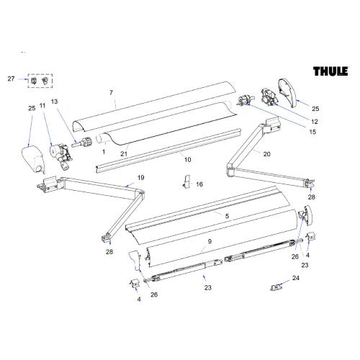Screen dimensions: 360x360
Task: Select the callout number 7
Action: pyautogui.click(x=111, y=93)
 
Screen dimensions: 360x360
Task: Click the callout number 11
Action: pyautogui.click(x=42, y=106)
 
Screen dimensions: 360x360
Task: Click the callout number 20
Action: pyautogui.click(x=266, y=154)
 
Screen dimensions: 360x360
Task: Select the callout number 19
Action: pyautogui.click(x=140, y=178)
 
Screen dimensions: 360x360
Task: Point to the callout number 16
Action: pyautogui.click(x=199, y=184)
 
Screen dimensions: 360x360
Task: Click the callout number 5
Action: pyautogui.click(x=227, y=216)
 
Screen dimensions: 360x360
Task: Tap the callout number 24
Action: pyautogui.click(x=294, y=277)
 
